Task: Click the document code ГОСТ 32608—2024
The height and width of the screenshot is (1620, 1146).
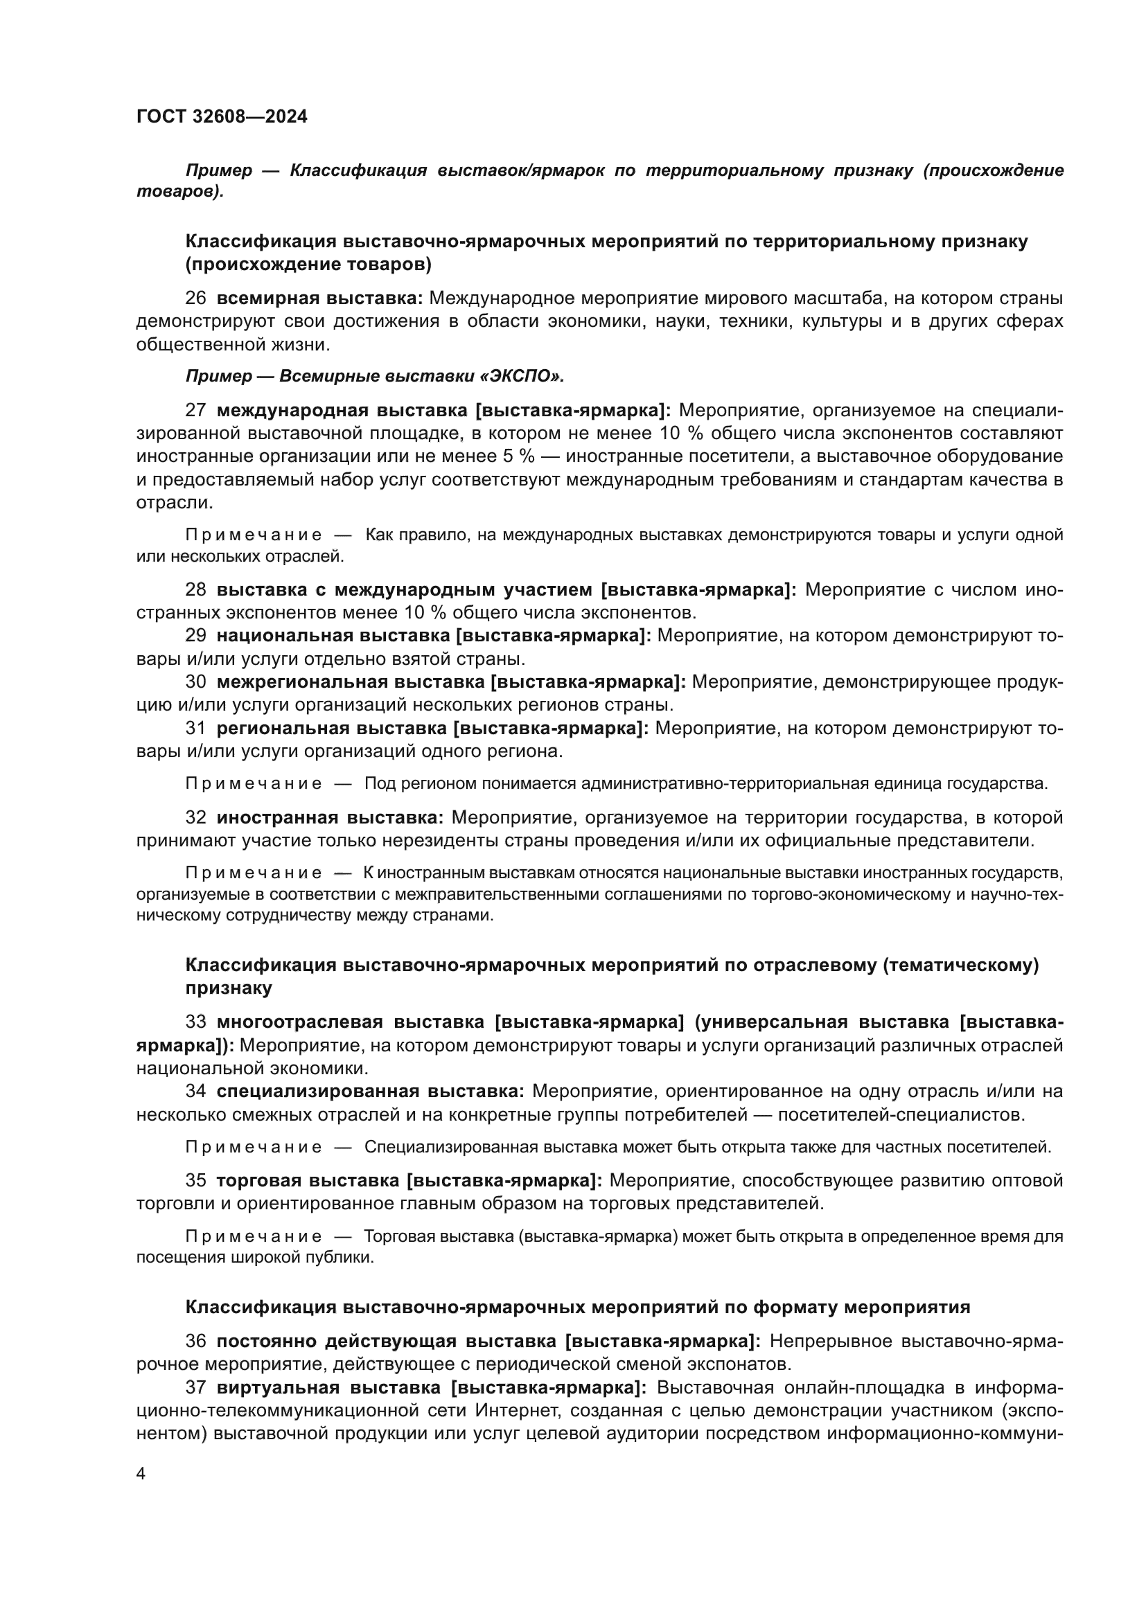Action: pos(222,116)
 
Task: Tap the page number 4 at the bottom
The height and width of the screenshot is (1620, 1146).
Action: pos(141,1474)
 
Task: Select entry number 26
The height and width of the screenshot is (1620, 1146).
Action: pos(195,299)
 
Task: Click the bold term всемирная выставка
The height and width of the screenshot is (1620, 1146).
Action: pos(319,299)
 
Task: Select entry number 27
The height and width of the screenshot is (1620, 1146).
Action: pos(195,411)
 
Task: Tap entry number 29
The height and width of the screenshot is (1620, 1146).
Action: pos(195,636)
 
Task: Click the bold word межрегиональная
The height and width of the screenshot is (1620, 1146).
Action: pos(302,682)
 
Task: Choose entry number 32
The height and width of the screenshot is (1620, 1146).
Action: pos(195,818)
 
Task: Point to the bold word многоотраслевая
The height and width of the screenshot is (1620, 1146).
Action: pos(300,1022)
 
